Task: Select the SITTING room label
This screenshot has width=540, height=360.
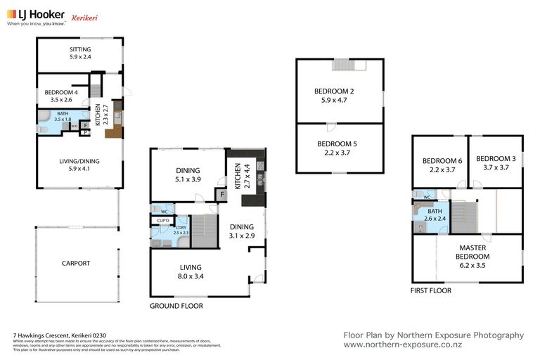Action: click(x=79, y=49)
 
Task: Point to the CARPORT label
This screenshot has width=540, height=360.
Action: click(x=75, y=264)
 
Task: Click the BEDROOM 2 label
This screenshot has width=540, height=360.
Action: click(x=333, y=91)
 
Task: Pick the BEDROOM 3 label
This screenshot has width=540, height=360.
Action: click(x=495, y=159)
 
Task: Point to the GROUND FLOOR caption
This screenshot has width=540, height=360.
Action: click(x=176, y=306)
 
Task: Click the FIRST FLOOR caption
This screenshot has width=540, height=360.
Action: click(x=431, y=290)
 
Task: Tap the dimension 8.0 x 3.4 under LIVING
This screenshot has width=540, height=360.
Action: click(x=191, y=276)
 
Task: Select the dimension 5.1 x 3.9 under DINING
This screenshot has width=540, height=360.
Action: click(x=188, y=179)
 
